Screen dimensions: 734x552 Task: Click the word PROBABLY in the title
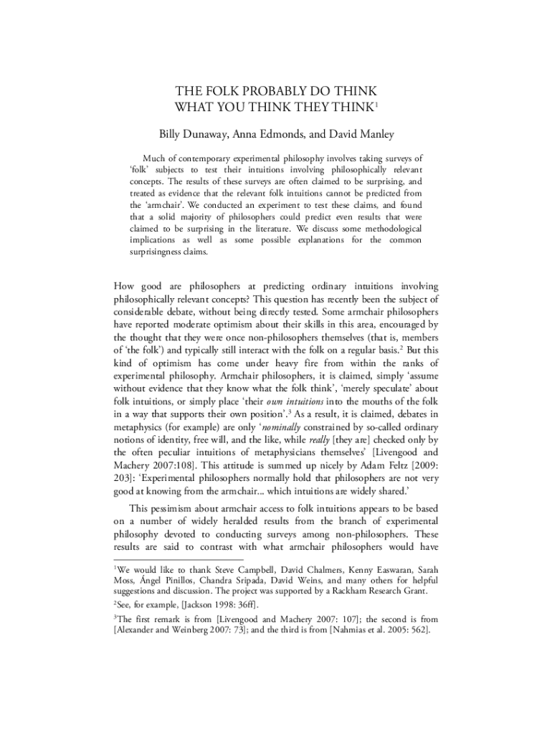tap(275, 92)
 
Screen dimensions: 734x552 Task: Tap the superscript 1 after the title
tap(376, 105)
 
